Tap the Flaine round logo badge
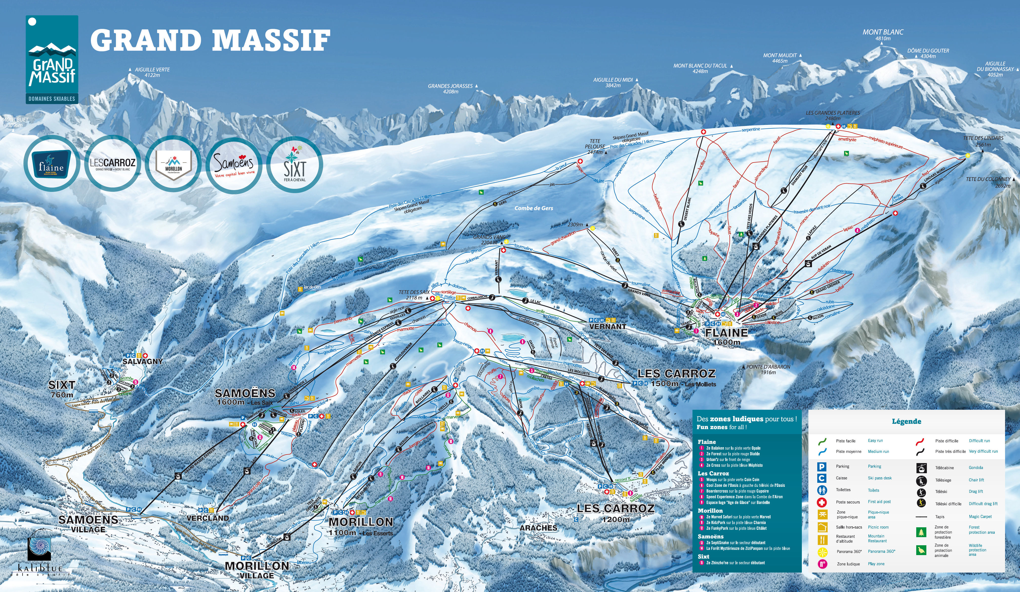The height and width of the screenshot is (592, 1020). coord(51,164)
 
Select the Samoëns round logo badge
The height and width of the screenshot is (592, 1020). coord(234,164)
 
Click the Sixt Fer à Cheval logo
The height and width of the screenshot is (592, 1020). coord(295,164)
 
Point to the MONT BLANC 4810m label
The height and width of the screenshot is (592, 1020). coord(883,35)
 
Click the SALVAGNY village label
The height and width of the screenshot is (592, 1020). coord(142,361)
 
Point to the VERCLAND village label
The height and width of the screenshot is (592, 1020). coord(208,518)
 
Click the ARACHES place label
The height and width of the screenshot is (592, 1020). coord(538,528)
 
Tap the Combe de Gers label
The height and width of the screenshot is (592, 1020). coord(534,208)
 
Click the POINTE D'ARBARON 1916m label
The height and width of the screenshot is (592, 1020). coord(768,370)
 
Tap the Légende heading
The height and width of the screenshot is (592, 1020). coord(906,421)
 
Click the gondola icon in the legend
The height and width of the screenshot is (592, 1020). coord(921,468)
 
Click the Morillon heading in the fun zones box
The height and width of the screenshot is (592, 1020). coord(710,511)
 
